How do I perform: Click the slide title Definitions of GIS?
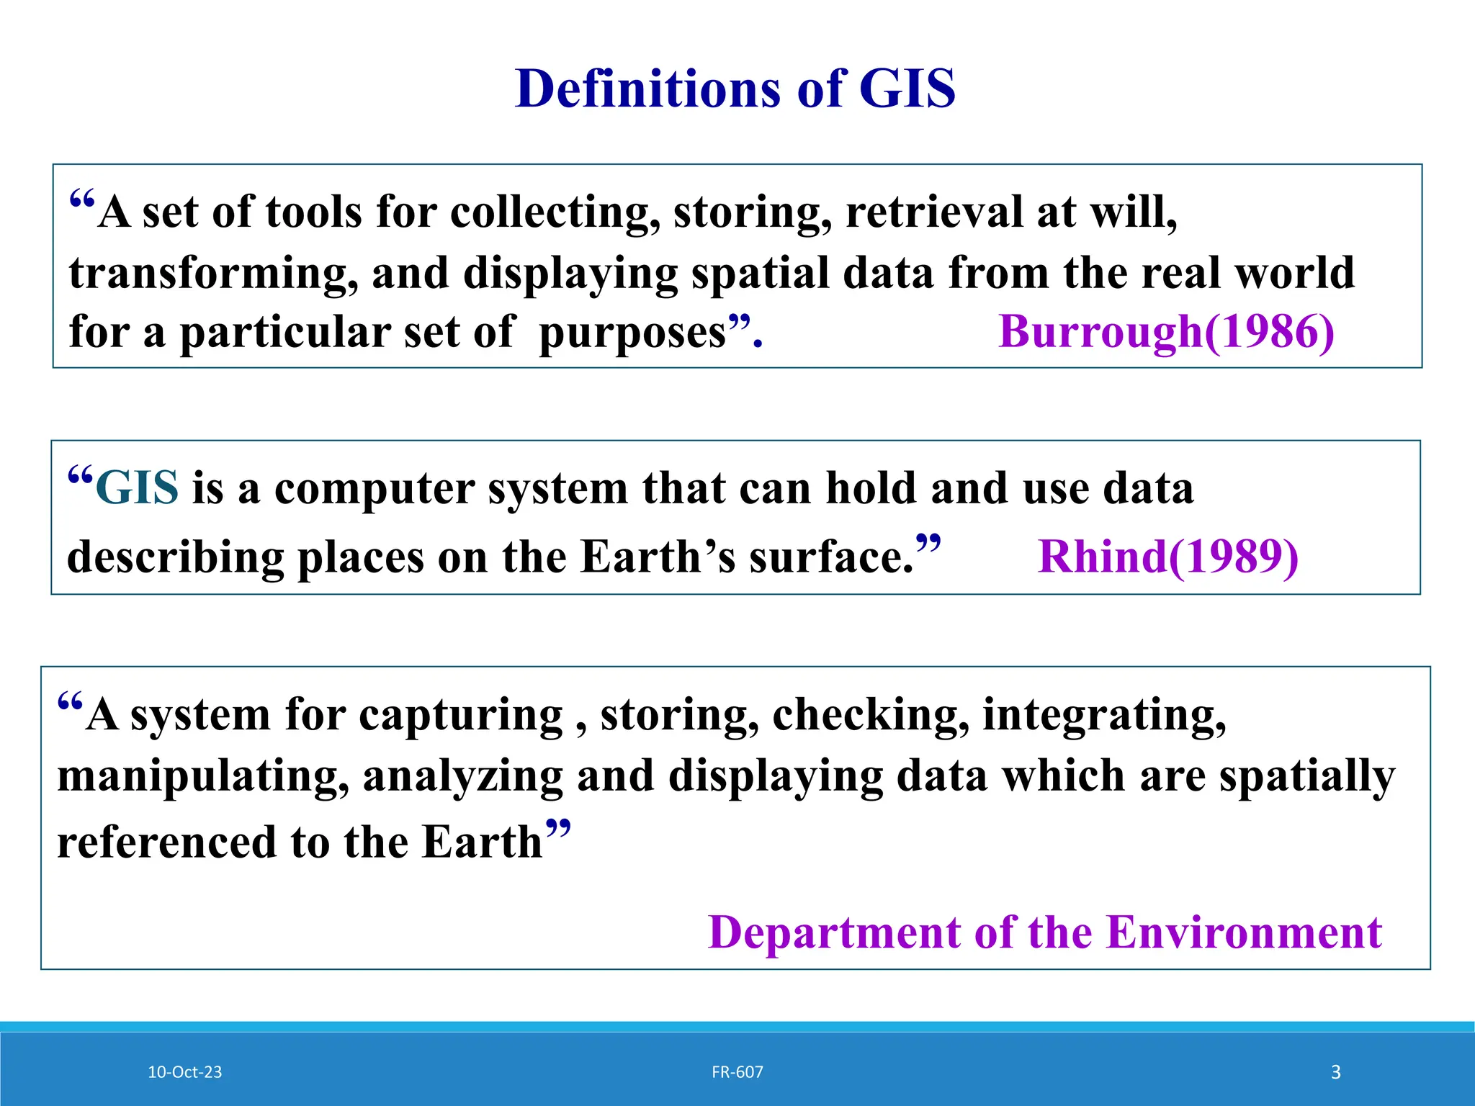[x=735, y=89]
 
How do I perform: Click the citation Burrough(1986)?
[x=1166, y=332]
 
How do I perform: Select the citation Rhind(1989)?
[x=1167, y=557]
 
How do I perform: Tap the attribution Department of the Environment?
[x=1044, y=932]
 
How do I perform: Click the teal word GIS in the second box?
[x=137, y=488]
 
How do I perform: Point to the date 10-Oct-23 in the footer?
[x=184, y=1072]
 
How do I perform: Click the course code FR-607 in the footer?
[x=737, y=1072]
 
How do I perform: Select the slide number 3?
[x=1335, y=1072]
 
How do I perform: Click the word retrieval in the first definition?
[x=934, y=212]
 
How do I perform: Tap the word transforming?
[x=213, y=274]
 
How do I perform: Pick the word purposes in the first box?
[x=632, y=333]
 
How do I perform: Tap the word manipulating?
[x=203, y=777]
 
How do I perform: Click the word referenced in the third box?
[x=166, y=842]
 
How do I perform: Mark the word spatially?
[x=1307, y=777]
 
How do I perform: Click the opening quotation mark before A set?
[x=81, y=199]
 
